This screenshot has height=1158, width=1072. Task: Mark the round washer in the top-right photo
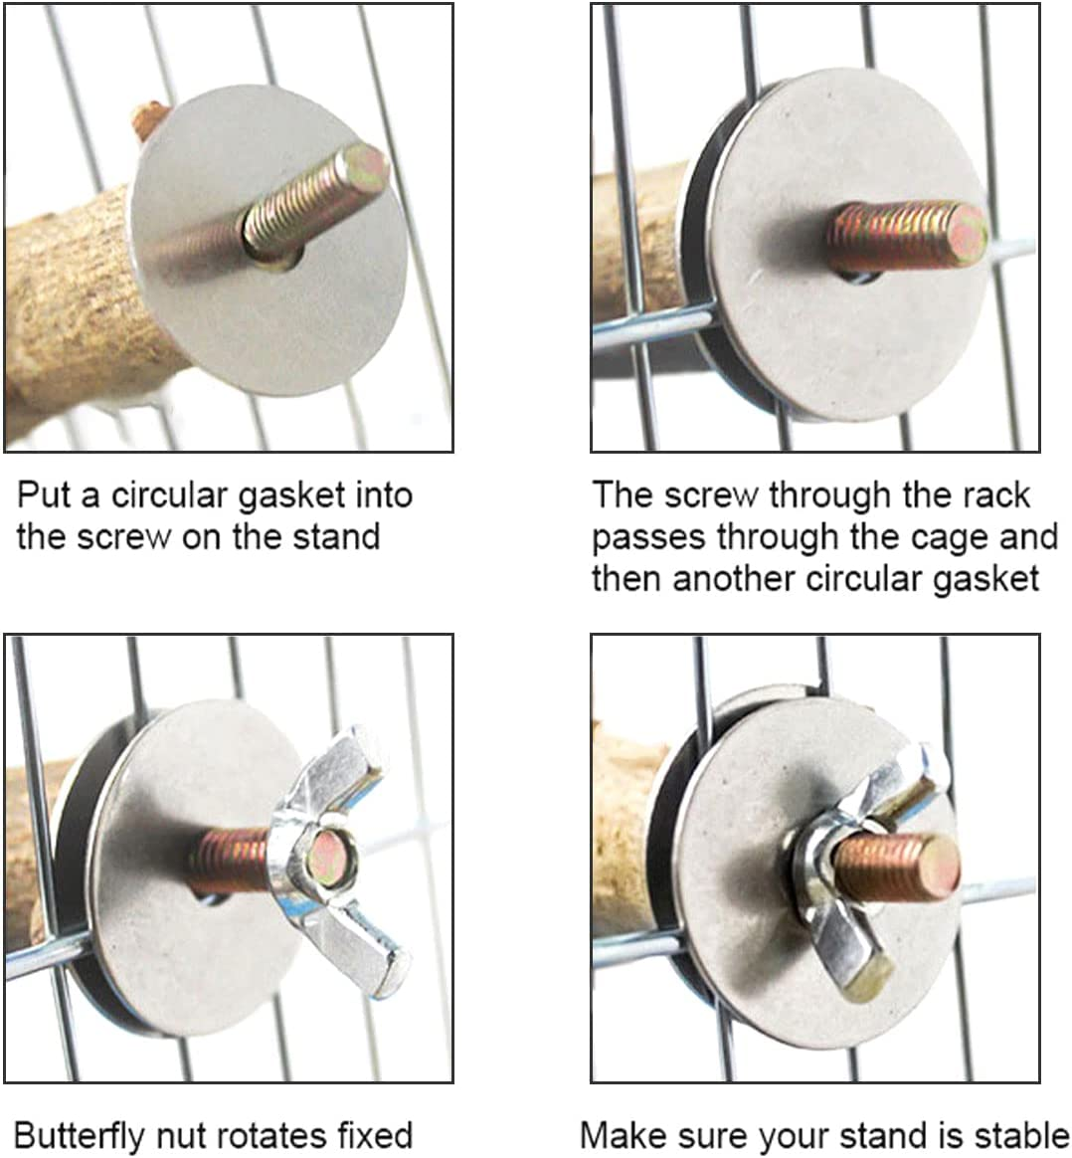[834, 251]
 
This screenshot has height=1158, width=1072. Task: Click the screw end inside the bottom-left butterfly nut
[332, 859]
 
